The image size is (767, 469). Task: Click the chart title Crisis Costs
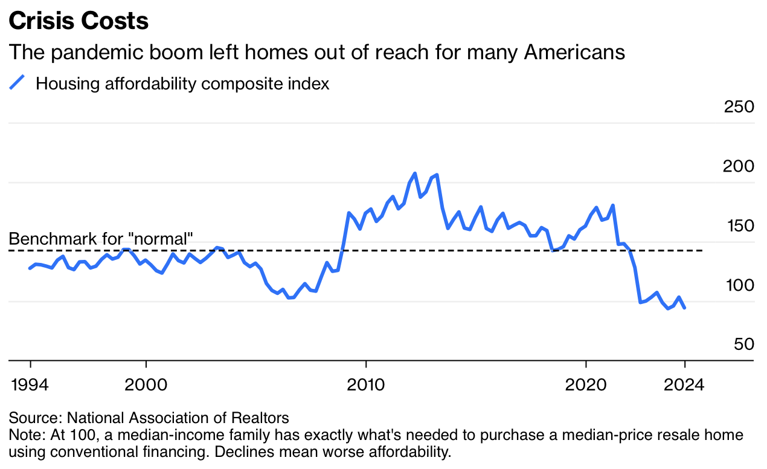click(x=79, y=21)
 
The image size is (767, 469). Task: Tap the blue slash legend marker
click(x=18, y=83)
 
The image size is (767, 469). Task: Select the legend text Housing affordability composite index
click(x=182, y=83)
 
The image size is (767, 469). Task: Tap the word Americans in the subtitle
click(x=574, y=53)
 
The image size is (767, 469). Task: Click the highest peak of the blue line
click(x=415, y=173)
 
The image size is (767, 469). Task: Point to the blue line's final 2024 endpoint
click(x=684, y=308)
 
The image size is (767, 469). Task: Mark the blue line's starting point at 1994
click(x=30, y=268)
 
